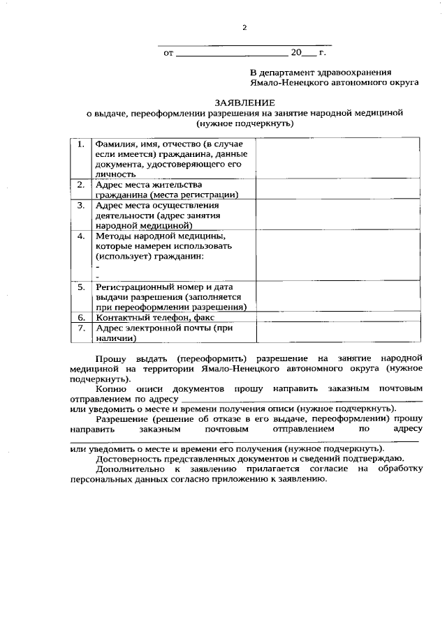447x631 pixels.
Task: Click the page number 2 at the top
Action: pyautogui.click(x=244, y=28)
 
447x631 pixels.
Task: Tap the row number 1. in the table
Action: pyautogui.click(x=81, y=144)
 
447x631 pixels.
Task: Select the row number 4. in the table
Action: pyautogui.click(x=81, y=236)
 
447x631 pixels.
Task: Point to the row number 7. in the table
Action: pyautogui.click(x=81, y=328)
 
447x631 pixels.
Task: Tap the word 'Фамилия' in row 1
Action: pyautogui.click(x=117, y=144)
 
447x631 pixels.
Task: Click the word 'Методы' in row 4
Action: pyautogui.click(x=113, y=236)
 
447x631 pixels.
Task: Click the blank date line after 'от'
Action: pyautogui.click(x=231, y=54)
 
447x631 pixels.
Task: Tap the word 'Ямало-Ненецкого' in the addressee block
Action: pyautogui.click(x=287, y=82)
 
